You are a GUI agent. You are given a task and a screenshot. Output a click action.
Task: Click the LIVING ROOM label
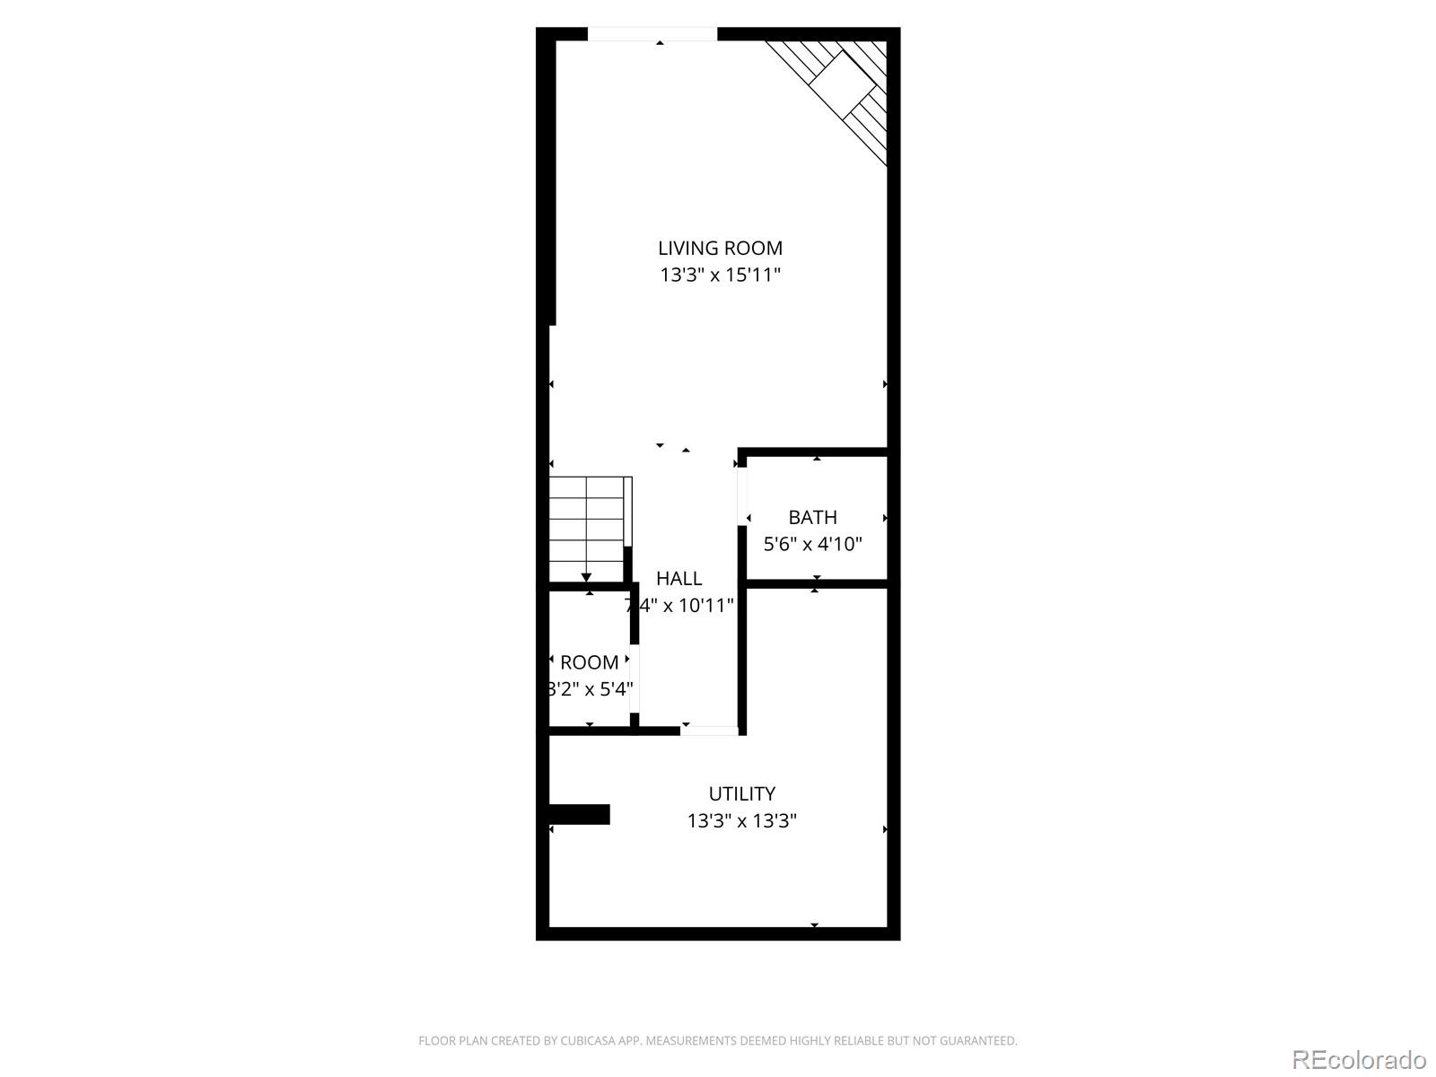(x=720, y=248)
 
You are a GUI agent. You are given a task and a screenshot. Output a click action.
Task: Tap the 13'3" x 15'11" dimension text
(x=720, y=275)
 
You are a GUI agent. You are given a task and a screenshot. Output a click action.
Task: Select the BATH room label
(x=812, y=517)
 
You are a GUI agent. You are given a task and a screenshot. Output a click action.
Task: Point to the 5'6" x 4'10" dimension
(x=812, y=544)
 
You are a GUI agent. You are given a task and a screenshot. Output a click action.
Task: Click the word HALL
(x=679, y=579)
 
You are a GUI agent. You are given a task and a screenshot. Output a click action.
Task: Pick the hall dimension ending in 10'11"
(x=679, y=606)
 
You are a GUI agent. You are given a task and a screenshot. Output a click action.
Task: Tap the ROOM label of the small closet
(x=589, y=662)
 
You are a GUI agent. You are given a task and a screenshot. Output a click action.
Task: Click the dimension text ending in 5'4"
(x=590, y=689)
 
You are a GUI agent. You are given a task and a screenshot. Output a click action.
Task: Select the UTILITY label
(x=741, y=793)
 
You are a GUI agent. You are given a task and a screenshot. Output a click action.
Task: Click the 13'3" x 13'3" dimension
(x=741, y=820)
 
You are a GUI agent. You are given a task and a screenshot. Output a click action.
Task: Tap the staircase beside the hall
(x=589, y=530)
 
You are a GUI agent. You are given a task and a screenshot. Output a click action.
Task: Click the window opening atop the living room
(x=652, y=35)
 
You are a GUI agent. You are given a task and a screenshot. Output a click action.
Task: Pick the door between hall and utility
(x=709, y=731)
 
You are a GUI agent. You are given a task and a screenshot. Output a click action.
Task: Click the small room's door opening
(x=635, y=678)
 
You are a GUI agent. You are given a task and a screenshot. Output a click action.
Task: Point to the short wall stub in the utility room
(x=580, y=814)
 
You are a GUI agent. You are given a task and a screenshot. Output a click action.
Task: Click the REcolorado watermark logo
(x=1359, y=1059)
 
